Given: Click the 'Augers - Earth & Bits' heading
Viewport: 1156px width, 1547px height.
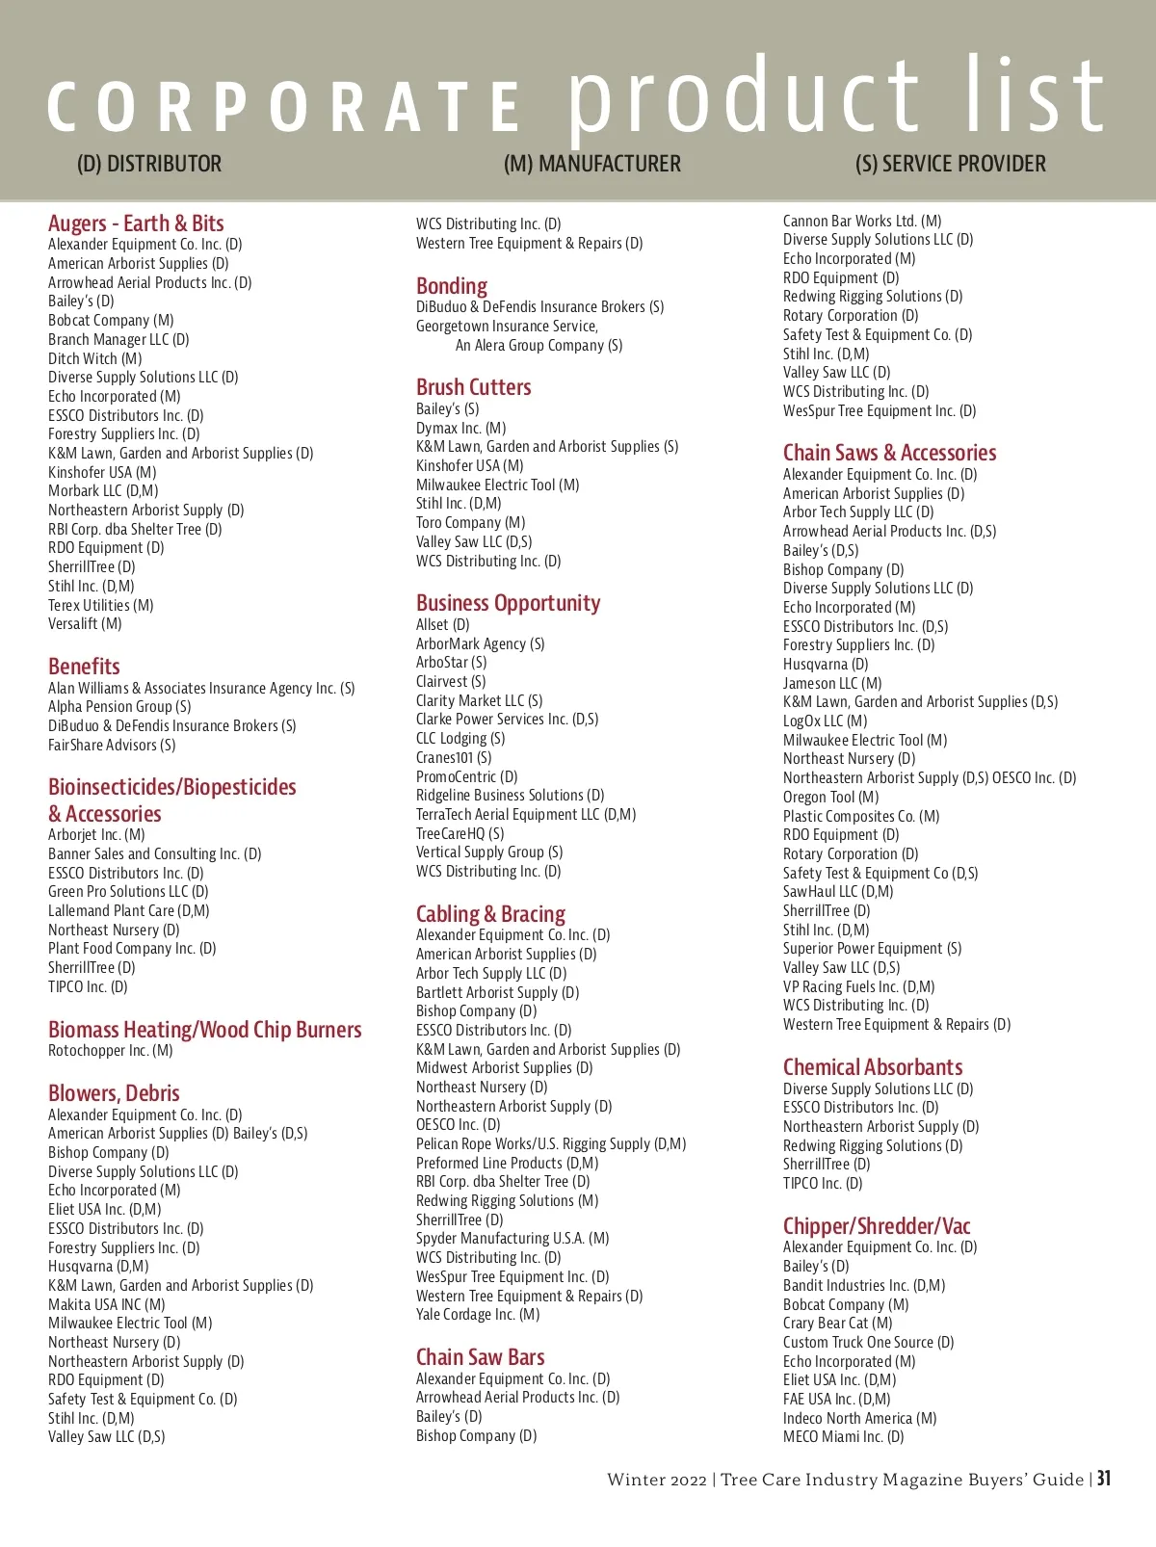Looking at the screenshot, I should click(136, 223).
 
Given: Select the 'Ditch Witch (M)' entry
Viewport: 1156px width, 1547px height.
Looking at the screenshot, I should click(95, 358).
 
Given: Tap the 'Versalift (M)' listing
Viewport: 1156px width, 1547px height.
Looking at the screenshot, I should click(85, 624).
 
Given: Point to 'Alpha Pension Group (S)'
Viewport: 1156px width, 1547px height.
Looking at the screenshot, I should click(119, 707).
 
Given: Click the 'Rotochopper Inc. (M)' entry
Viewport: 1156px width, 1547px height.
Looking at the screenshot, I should click(111, 1051).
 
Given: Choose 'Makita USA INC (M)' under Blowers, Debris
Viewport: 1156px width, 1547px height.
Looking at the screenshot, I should click(107, 1304).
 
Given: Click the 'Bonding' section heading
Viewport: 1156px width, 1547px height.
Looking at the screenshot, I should click(452, 286).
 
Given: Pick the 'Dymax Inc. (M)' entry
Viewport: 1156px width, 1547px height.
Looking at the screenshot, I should click(460, 428).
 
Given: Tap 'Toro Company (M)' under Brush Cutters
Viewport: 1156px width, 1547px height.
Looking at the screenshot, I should click(470, 523).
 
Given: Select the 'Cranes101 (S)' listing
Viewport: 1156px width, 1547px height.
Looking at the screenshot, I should click(454, 758).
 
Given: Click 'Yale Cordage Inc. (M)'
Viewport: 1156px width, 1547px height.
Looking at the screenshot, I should click(478, 1315).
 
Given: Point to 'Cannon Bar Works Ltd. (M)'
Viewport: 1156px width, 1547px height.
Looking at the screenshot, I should click(862, 221).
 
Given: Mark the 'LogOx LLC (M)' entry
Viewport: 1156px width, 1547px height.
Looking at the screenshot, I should click(825, 721).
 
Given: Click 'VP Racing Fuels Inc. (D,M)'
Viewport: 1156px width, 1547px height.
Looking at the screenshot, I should click(858, 986).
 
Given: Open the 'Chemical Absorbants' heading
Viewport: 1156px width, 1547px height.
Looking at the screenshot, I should click(873, 1067).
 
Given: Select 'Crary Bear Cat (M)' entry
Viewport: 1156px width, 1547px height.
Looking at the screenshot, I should click(837, 1324).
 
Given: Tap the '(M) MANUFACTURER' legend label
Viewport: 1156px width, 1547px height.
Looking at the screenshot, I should click(592, 164).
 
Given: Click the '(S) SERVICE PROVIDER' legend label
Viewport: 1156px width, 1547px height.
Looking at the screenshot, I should click(950, 164).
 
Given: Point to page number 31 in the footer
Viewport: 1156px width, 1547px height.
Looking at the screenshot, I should click(1104, 1479).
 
